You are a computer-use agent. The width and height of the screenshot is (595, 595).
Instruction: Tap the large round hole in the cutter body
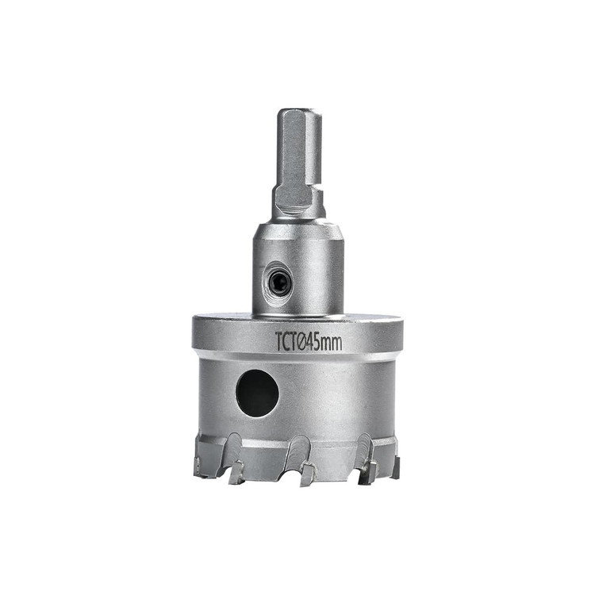coord(257,393)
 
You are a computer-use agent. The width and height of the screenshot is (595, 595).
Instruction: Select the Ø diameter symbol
coord(301,342)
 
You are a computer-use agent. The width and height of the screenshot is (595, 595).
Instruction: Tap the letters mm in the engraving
coord(333,344)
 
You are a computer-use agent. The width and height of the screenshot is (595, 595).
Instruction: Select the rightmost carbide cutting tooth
coord(397,467)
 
